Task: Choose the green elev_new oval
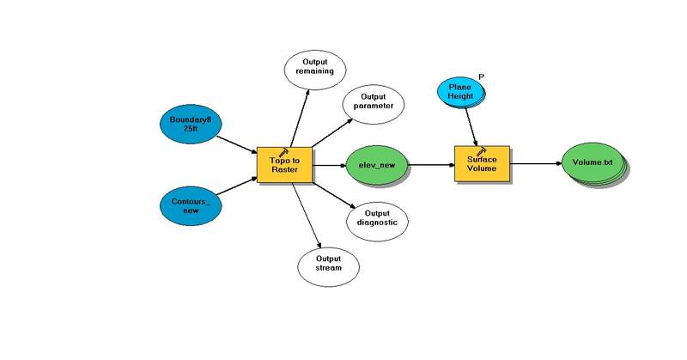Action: click(x=376, y=165)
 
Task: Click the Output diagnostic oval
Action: click(x=377, y=219)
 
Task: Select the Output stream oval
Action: click(x=328, y=263)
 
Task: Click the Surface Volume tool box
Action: click(x=482, y=164)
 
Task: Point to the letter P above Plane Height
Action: click(x=481, y=77)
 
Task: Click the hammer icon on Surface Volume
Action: click(x=482, y=149)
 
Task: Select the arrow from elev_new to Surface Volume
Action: click(x=429, y=164)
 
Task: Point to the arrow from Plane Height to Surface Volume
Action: click(x=472, y=126)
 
